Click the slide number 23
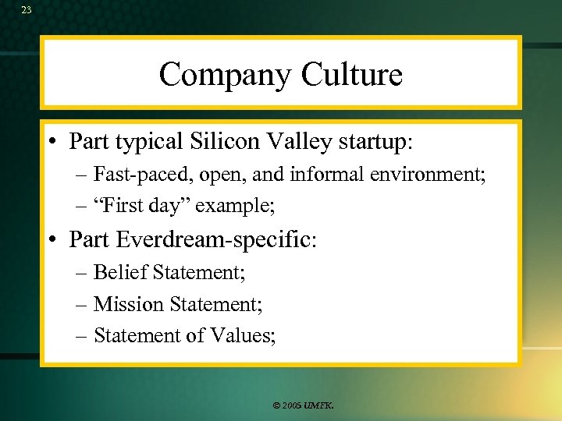27,10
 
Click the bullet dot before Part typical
57,142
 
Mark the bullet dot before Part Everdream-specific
57,239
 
